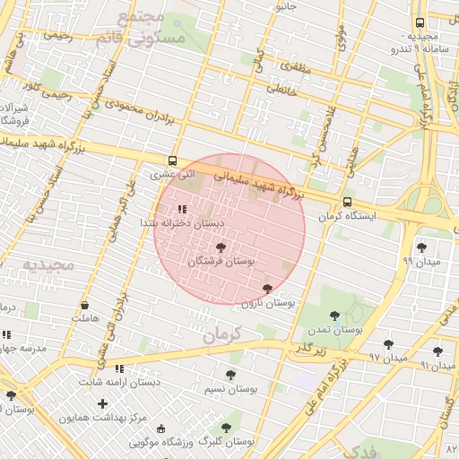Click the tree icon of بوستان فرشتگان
(221, 247)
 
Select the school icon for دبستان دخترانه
(183, 209)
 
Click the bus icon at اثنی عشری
(173, 162)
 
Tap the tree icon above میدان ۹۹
(421, 247)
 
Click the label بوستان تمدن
(334, 330)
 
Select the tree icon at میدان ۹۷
(388, 344)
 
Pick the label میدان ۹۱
(431, 366)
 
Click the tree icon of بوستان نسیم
(230, 375)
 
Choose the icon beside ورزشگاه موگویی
(161, 429)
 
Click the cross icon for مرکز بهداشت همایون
(102, 404)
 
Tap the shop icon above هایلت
(83, 305)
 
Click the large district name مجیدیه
(45, 264)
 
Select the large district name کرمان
(222, 334)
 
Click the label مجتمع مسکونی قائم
(151, 28)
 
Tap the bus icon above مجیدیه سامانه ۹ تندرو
(420, 22)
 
